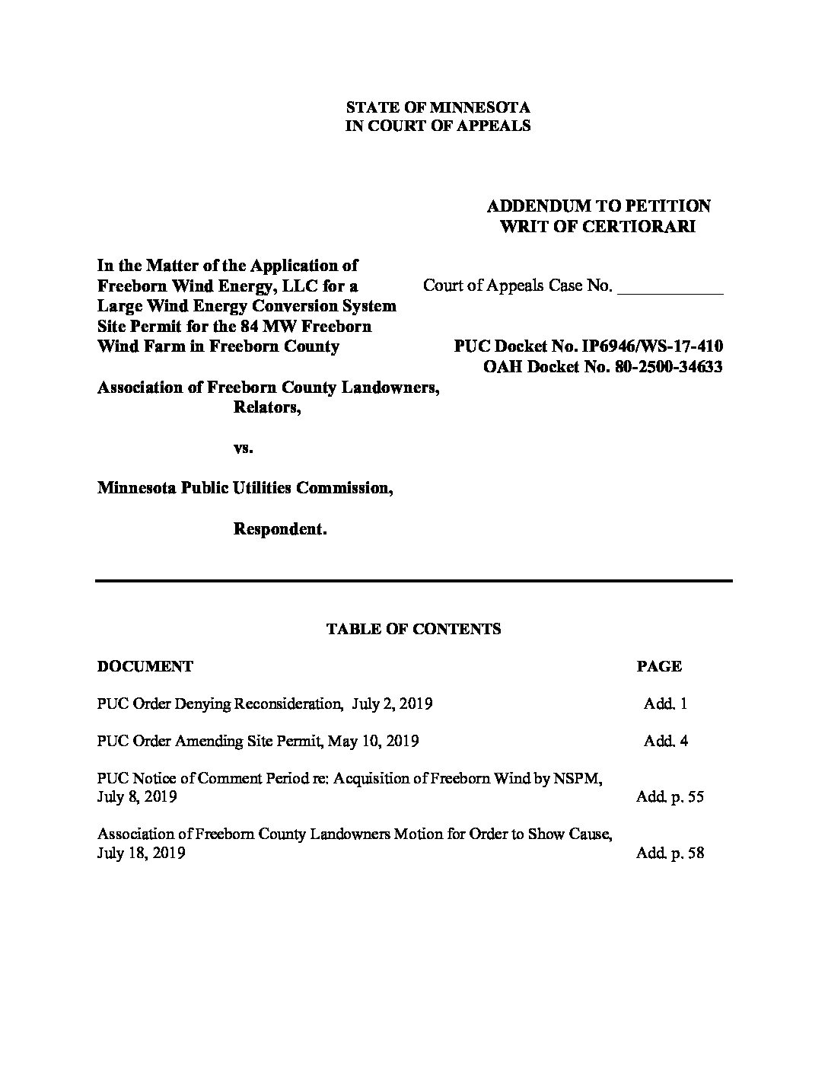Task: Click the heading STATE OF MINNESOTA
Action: point(438,107)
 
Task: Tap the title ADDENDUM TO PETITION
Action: point(598,206)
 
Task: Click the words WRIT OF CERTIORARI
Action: point(598,227)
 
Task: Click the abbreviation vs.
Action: point(243,448)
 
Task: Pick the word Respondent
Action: point(279,529)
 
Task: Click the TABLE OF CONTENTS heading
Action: point(413,629)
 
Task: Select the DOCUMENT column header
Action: point(145,667)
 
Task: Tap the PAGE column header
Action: point(658,667)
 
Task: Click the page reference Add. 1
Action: point(665,704)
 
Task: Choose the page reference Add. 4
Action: point(665,741)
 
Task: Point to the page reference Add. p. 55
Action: point(670,797)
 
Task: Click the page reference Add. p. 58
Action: point(670,853)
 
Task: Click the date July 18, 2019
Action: point(142,853)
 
